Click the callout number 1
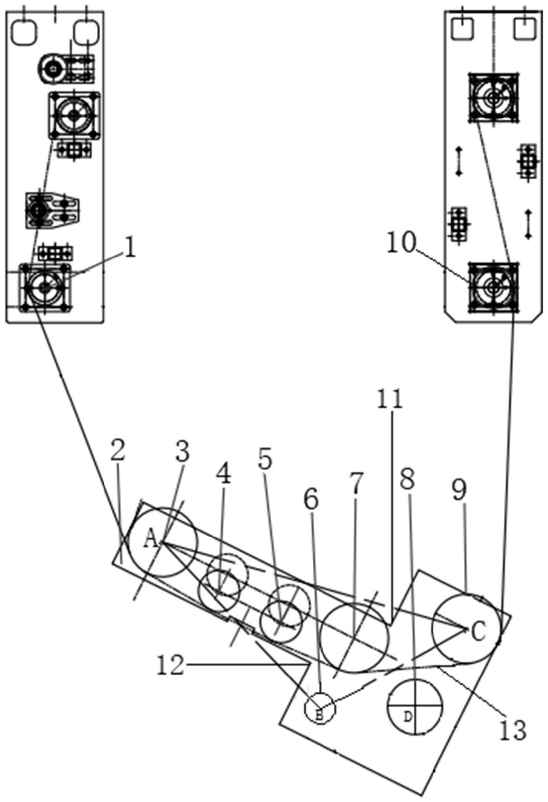pyautogui.click(x=130, y=248)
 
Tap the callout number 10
pyautogui.click(x=401, y=242)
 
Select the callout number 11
pyautogui.click(x=390, y=400)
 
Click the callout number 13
pyautogui.click(x=513, y=730)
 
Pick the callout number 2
pyautogui.click(x=118, y=451)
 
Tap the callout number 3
pyautogui.click(x=182, y=452)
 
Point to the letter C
pyautogui.click(x=478, y=631)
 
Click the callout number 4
pyautogui.click(x=223, y=474)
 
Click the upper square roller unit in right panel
pyautogui.click(x=493, y=97)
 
